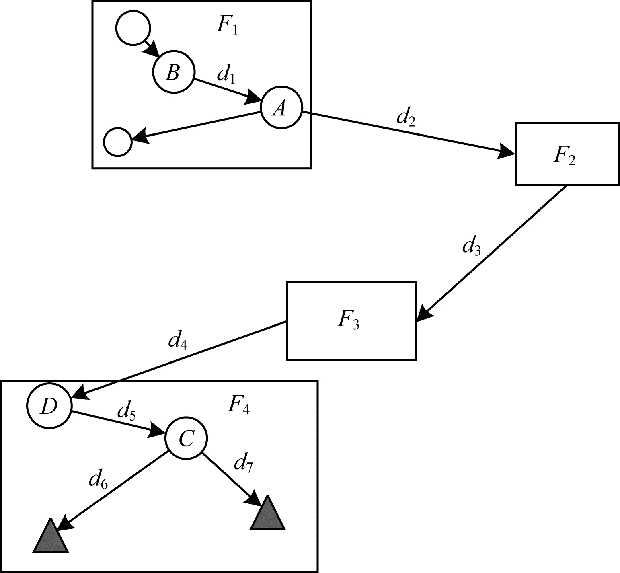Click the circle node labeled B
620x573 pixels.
pyautogui.click(x=173, y=73)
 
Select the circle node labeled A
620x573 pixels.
pyautogui.click(x=281, y=107)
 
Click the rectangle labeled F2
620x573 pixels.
pyautogui.click(x=567, y=154)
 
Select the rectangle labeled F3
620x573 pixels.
pyautogui.click(x=351, y=321)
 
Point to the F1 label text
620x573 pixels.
pyautogui.click(x=227, y=25)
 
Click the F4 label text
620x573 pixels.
pyautogui.click(x=238, y=405)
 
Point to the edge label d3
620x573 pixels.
pyautogui.click(x=471, y=246)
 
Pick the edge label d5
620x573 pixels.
pyautogui.click(x=126, y=412)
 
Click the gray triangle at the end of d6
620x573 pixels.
pyautogui.click(x=50, y=538)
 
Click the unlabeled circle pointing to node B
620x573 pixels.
pyautogui.click(x=133, y=28)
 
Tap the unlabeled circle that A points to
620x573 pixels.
pyautogui.click(x=117, y=142)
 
